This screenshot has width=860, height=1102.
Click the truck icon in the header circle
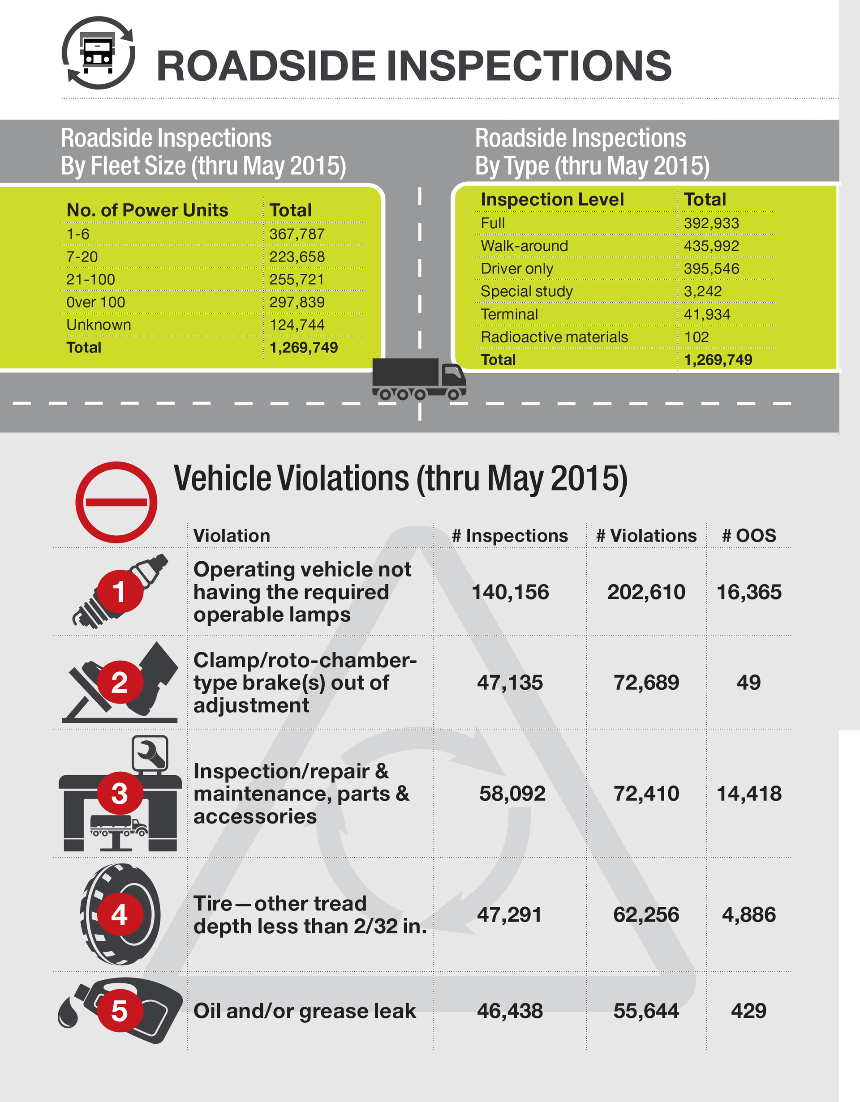tap(98, 53)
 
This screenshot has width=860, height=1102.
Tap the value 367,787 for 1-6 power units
tap(297, 234)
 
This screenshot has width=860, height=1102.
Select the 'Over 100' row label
tap(95, 302)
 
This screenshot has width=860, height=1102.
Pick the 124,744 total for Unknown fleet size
tap(297, 325)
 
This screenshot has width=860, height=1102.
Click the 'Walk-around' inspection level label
tap(524, 246)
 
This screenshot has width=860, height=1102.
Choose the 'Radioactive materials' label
tap(554, 337)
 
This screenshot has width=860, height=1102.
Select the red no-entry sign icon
tap(116, 502)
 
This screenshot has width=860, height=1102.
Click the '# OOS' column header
tap(748, 535)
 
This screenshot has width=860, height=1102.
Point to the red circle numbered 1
tap(119, 591)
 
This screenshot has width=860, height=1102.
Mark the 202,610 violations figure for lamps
tap(646, 592)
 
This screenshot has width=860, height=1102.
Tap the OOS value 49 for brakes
tap(748, 682)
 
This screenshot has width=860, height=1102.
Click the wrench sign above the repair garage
tap(150, 753)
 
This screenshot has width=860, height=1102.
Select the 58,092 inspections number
tap(512, 794)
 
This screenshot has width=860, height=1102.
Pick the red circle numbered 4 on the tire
tap(119, 914)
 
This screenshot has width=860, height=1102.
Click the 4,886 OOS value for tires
tap(748, 914)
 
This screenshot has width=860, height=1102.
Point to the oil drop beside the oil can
tap(68, 1012)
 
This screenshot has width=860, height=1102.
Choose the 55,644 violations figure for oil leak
tap(646, 1011)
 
